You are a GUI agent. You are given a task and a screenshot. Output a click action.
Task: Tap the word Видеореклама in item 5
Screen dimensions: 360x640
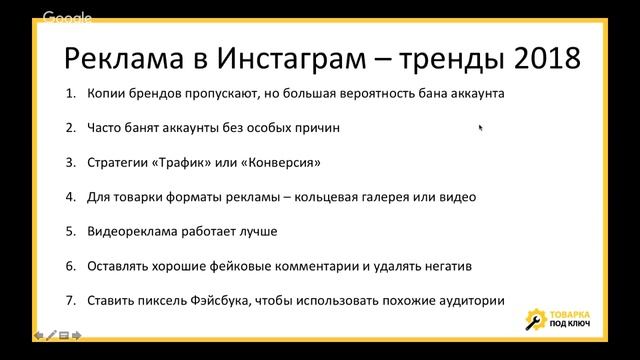pyautogui.click(x=132, y=231)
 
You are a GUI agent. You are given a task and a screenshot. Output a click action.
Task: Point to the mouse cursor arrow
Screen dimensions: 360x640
pyautogui.click(x=481, y=127)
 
